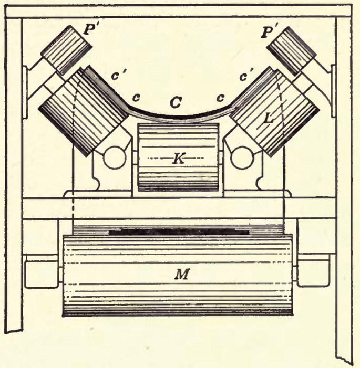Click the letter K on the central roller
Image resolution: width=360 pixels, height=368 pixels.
coord(178,159)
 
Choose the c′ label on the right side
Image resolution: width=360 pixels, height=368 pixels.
coord(245,77)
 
